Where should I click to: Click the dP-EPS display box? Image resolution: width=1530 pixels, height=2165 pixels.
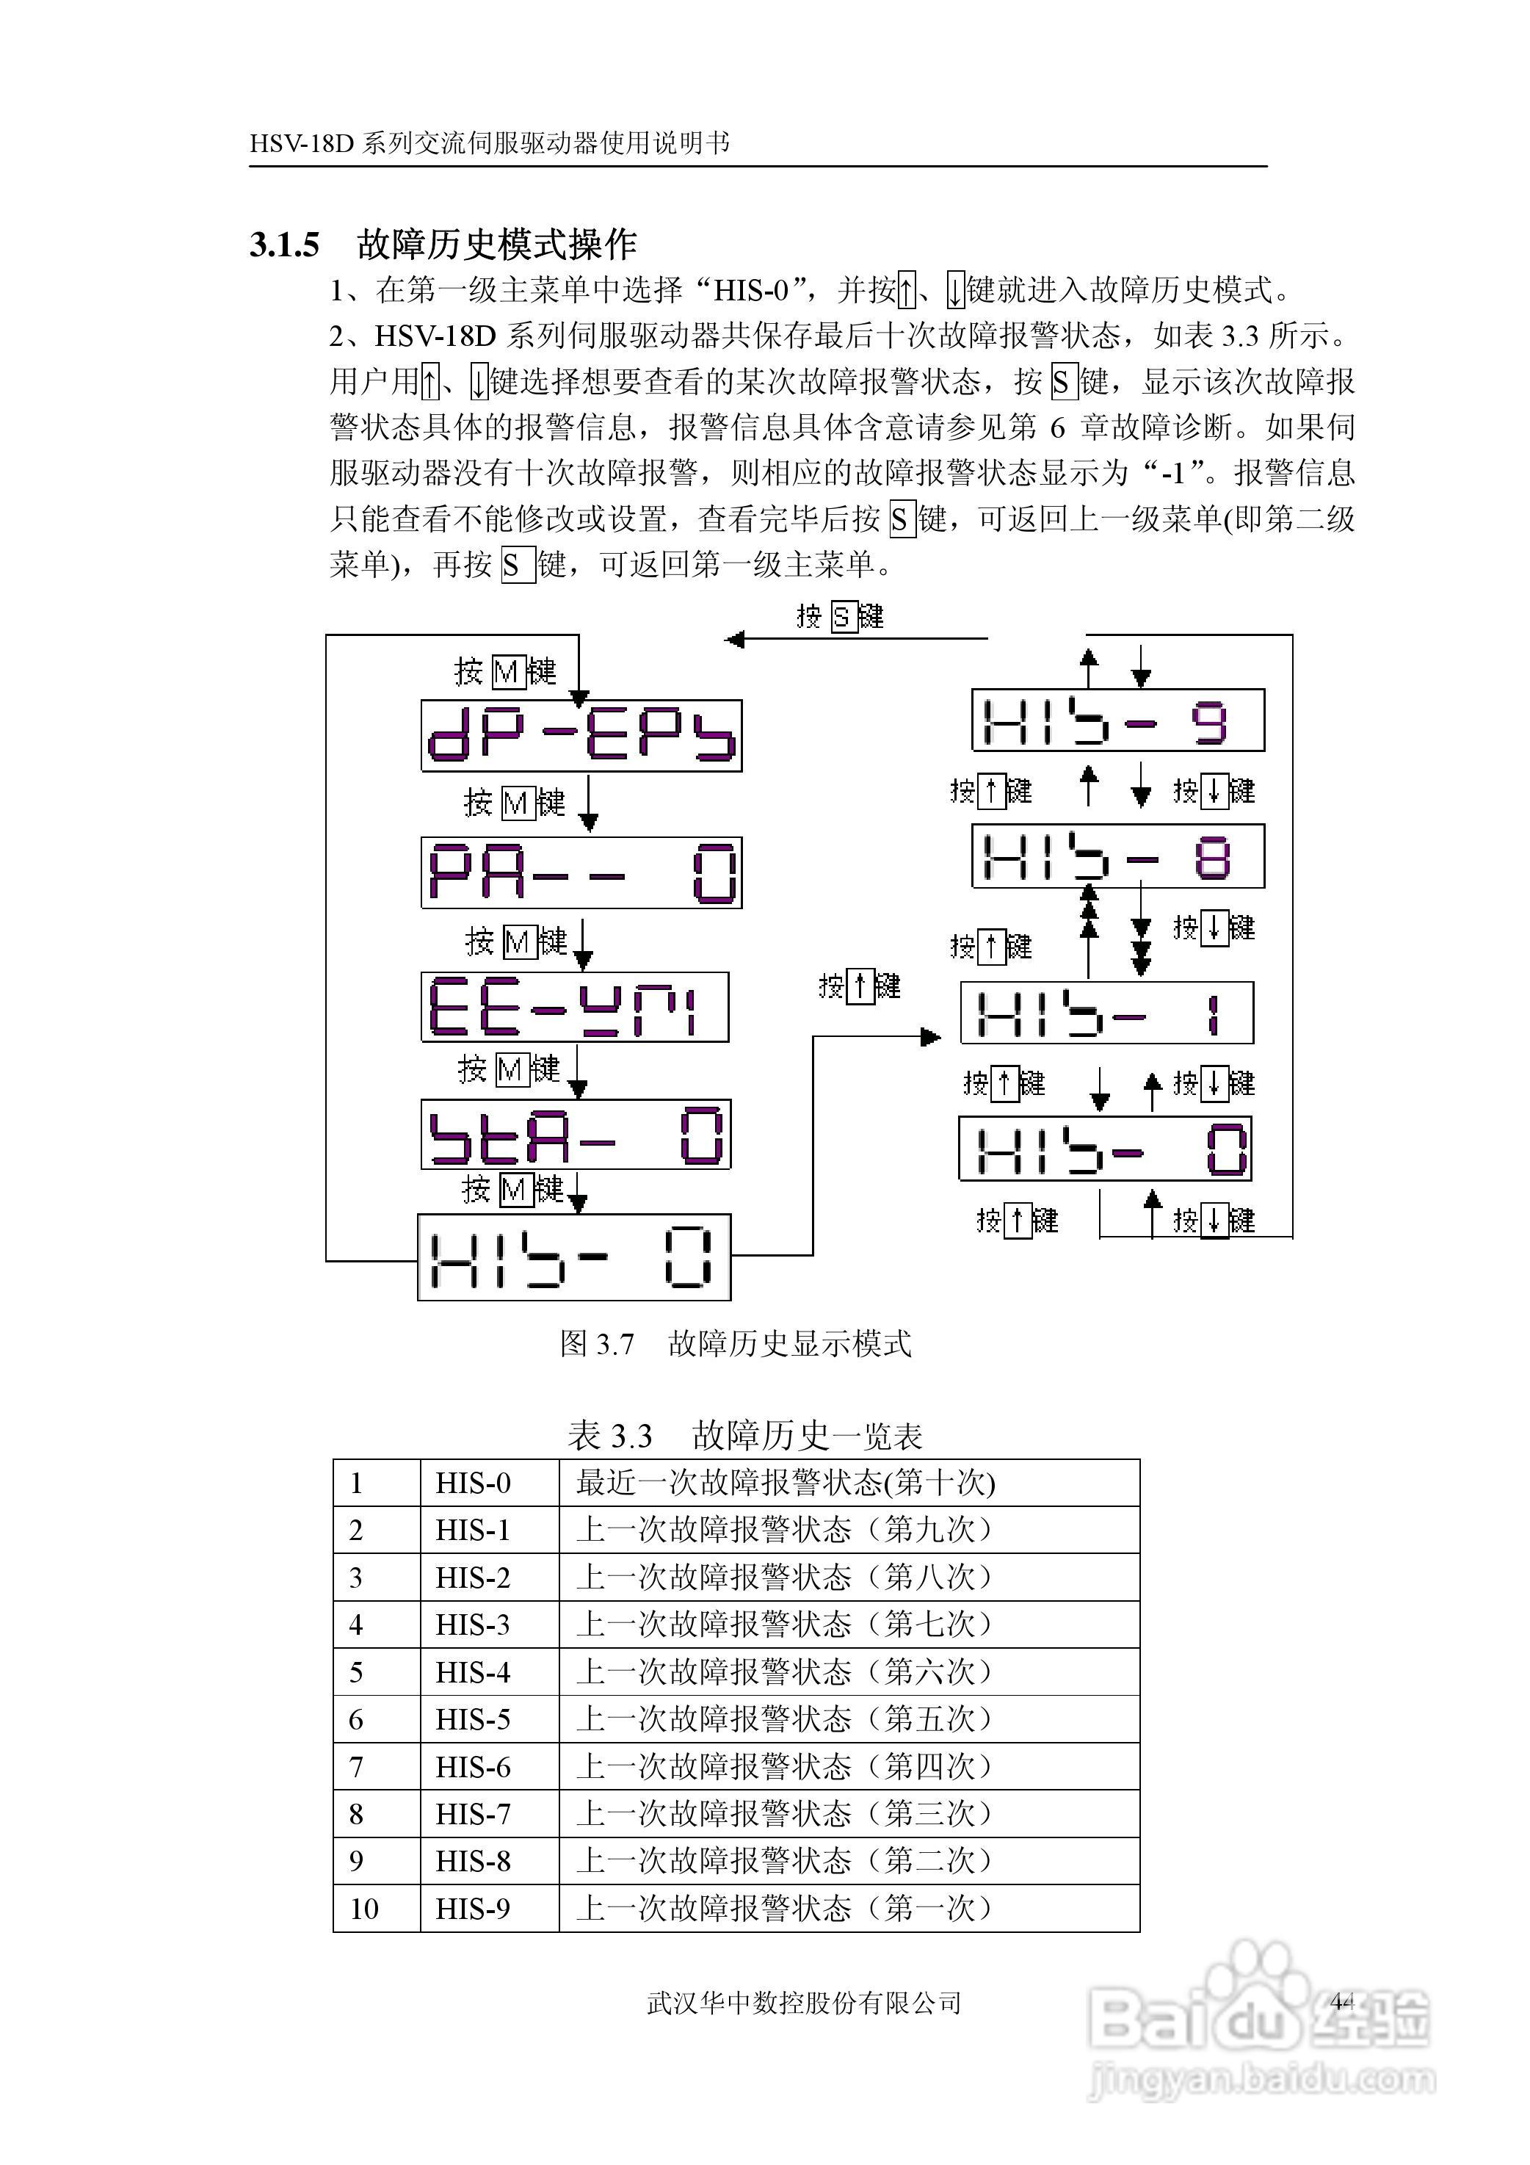(x=581, y=735)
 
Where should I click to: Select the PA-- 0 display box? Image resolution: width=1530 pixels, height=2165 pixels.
(x=581, y=872)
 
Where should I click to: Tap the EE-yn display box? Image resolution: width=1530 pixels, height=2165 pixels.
(x=574, y=1007)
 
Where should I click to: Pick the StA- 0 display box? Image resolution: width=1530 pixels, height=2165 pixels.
(x=575, y=1135)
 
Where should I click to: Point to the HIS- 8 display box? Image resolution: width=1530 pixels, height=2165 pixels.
(x=1118, y=856)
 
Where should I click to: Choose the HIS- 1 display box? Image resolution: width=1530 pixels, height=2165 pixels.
(x=1106, y=1013)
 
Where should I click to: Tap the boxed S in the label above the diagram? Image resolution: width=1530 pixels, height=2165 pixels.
(x=842, y=618)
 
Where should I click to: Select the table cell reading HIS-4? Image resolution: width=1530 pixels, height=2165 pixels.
(x=474, y=1671)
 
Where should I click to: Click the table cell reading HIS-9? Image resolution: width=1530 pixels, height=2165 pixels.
(x=474, y=1909)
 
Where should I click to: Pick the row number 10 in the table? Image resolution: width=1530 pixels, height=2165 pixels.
(x=364, y=1909)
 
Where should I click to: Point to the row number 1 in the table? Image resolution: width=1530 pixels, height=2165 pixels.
(x=356, y=1483)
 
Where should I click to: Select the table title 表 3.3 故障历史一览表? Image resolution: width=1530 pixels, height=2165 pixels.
(x=744, y=1436)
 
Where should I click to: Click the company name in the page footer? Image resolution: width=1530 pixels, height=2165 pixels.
(x=804, y=2002)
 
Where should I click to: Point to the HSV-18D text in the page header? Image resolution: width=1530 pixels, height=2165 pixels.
(x=302, y=143)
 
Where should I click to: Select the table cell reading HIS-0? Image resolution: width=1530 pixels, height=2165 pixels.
(x=474, y=1483)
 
